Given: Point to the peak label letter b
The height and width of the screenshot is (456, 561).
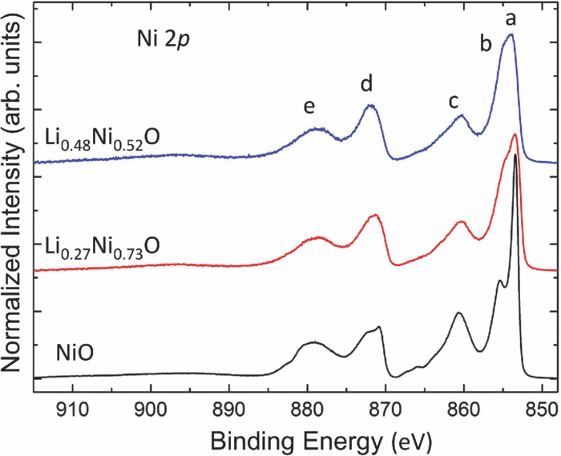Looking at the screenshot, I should pyautogui.click(x=486, y=44).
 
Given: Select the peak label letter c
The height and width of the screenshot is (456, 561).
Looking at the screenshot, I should pyautogui.click(x=454, y=101).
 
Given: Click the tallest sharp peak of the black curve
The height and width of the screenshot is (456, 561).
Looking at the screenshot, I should pyautogui.click(x=515, y=155).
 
